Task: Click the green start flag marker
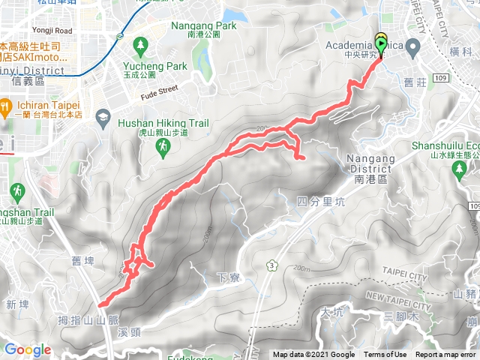pyautogui.click(x=381, y=47)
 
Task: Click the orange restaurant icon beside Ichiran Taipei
pyautogui.click(x=4, y=103)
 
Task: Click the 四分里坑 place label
pyautogui.click(x=320, y=201)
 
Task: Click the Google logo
pyautogui.click(x=28, y=349)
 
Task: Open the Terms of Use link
pyautogui.click(x=385, y=355)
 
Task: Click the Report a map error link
pyautogui.click(x=447, y=355)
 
